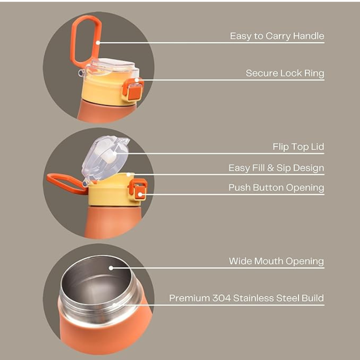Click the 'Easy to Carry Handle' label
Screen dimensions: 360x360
(277, 36)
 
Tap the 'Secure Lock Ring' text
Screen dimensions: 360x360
(285, 73)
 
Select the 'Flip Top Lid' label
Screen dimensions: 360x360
(298, 147)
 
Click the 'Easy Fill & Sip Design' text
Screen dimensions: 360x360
(276, 168)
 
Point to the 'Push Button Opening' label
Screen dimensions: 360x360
(276, 188)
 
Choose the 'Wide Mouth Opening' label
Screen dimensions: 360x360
(276, 261)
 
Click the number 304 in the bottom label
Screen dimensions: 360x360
(221, 298)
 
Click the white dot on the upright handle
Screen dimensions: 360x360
(98, 42)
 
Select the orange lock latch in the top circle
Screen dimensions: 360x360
(133, 89)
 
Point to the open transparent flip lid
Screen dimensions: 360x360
(105, 158)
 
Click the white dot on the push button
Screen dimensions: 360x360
(140, 194)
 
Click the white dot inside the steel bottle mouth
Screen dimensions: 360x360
(111, 268)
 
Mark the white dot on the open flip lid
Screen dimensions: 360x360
(115, 153)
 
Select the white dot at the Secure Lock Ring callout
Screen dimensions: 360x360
(137, 80)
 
